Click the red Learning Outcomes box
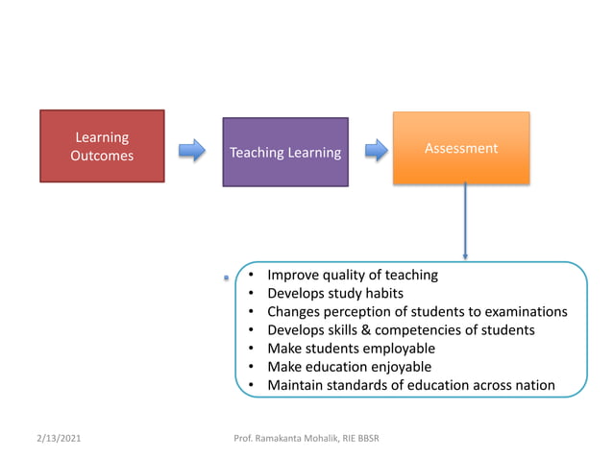102,146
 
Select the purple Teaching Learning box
285,152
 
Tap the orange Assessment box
461,148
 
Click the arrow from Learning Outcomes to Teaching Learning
193,150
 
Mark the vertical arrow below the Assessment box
465,221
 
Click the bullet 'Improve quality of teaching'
352,275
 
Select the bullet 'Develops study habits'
334,293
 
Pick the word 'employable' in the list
401,348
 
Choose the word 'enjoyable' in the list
395,366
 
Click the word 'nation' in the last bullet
533,385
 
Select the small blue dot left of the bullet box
227,278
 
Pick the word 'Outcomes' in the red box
102,155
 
